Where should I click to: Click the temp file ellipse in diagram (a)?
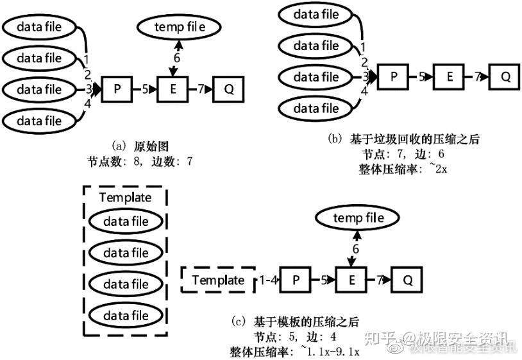click(x=180, y=27)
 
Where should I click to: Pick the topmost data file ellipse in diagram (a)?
click(x=38, y=27)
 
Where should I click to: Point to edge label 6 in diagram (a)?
click(x=178, y=57)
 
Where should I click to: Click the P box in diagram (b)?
click(x=394, y=77)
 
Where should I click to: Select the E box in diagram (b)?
click(x=450, y=77)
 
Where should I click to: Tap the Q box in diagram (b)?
click(x=505, y=77)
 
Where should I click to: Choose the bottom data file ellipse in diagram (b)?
click(x=316, y=108)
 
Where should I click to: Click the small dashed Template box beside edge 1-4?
click(x=218, y=280)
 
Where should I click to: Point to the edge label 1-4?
click(x=269, y=280)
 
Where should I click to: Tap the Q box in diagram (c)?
click(x=408, y=280)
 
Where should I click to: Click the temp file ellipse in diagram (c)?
click(x=358, y=219)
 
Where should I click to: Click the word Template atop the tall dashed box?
click(x=126, y=198)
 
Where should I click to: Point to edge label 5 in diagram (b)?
click(x=422, y=77)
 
